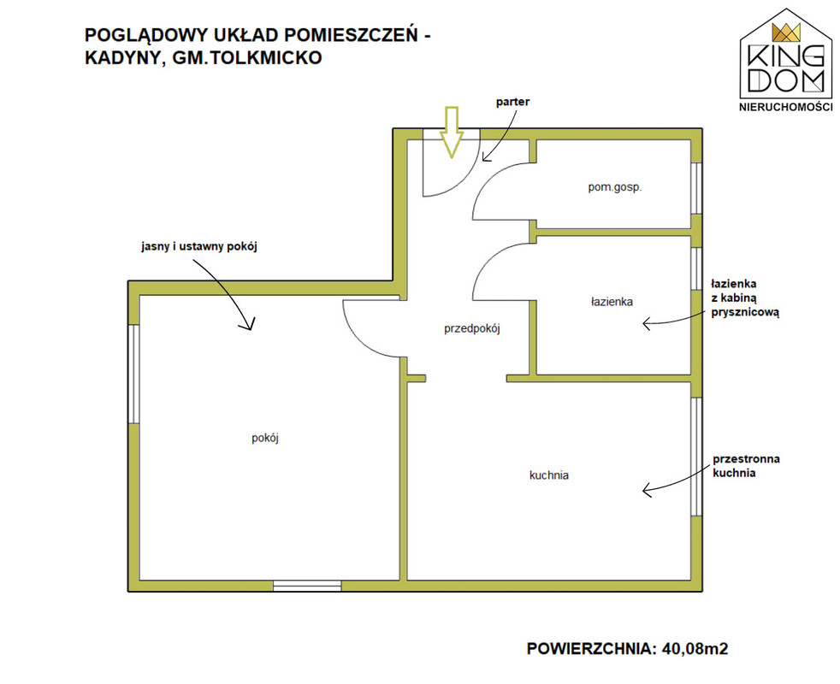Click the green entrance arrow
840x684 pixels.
pos(453,132)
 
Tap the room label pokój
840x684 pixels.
pos(265,438)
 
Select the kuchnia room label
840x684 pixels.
pos(549,475)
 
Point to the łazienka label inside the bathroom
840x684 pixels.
pos(612,302)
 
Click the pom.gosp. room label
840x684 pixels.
pos(615,187)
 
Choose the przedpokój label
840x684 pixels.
pos(472,329)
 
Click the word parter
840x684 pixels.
pos(512,102)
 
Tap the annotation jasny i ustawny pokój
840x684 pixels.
pos(199,246)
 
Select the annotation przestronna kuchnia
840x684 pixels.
pos(746,466)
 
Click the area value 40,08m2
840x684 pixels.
pos(695,649)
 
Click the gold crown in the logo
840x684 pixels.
pos(786,32)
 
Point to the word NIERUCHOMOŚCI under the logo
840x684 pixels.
pos(786,107)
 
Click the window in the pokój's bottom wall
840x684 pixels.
pos(307,586)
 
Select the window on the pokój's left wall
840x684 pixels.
pos(134,374)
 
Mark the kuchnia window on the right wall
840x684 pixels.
pos(696,457)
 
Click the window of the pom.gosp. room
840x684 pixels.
pos(696,189)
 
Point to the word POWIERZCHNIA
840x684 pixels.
pos(591,649)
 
